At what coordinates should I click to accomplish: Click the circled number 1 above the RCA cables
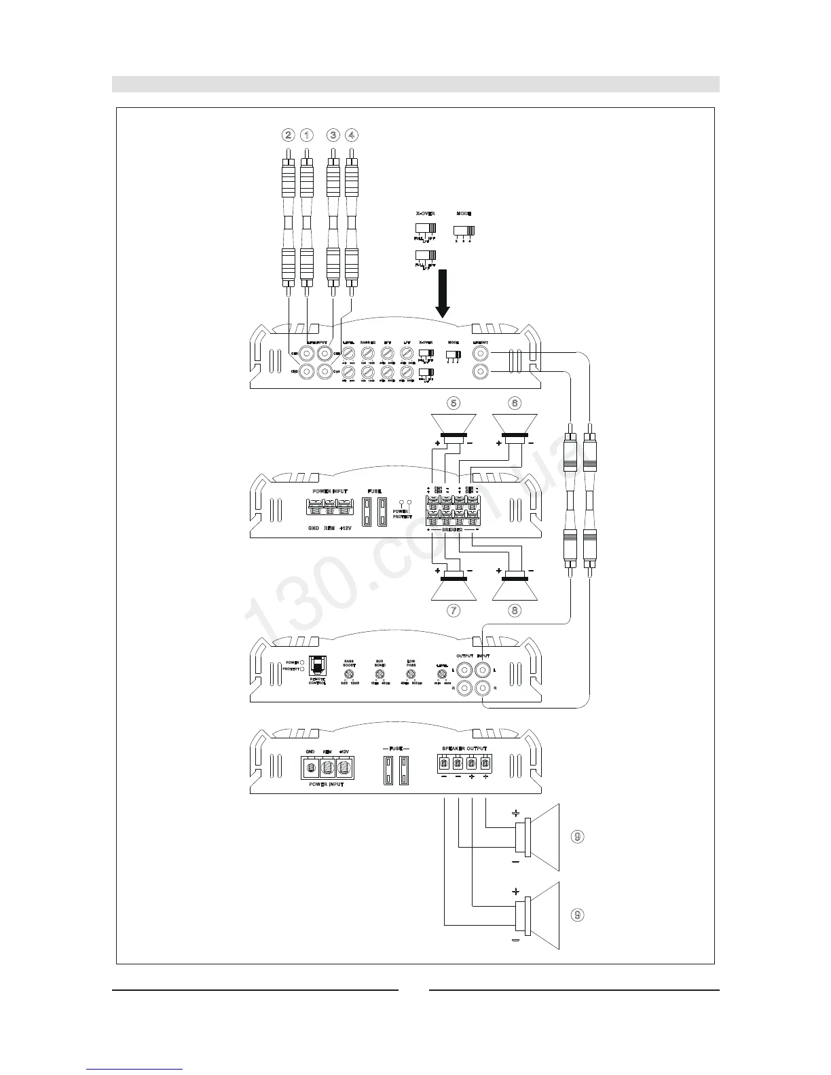[307, 135]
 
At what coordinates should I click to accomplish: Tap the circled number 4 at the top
[351, 135]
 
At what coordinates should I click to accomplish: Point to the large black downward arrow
[443, 294]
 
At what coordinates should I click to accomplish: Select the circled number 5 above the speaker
[454, 403]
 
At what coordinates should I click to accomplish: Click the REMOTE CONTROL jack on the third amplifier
[316, 664]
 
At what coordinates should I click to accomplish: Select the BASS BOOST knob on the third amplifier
[349, 675]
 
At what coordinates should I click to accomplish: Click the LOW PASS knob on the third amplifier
[411, 675]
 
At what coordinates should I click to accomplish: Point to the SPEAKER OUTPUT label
[464, 749]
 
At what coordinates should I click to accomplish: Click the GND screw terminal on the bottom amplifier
[311, 767]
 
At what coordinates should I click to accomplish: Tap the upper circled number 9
[576, 836]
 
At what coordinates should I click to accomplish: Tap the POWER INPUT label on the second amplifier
[329, 491]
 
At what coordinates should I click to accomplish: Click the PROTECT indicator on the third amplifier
[302, 669]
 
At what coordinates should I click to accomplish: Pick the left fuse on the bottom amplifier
[388, 770]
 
